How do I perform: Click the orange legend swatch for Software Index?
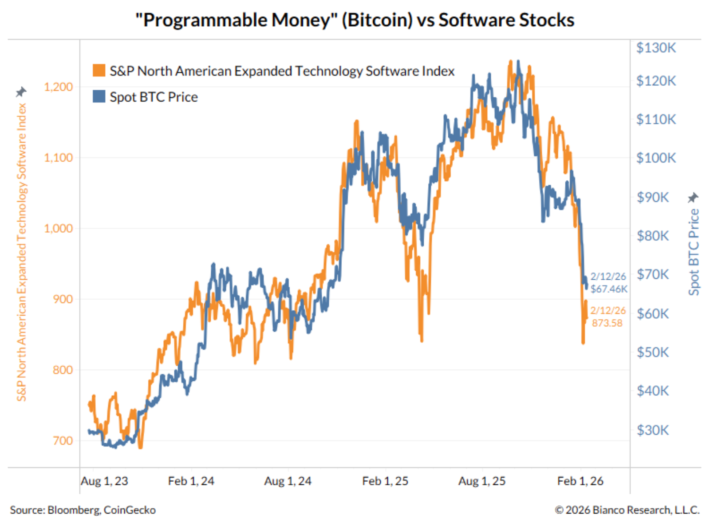99,71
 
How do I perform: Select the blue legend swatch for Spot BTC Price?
99,96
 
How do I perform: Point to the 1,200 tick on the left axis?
58,87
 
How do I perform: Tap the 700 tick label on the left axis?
63,440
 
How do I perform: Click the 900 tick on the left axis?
63,299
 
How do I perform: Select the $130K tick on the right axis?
656,48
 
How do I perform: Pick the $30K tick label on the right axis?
652,430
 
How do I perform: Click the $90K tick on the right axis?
652,197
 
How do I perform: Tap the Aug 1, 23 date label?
104,481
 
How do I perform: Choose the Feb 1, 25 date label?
385,481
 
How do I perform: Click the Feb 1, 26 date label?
580,481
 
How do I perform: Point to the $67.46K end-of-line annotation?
609,289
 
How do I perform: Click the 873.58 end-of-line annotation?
607,323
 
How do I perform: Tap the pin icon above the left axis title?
21,92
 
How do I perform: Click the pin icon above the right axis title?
693,197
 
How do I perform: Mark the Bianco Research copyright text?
627,510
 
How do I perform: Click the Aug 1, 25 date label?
481,481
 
